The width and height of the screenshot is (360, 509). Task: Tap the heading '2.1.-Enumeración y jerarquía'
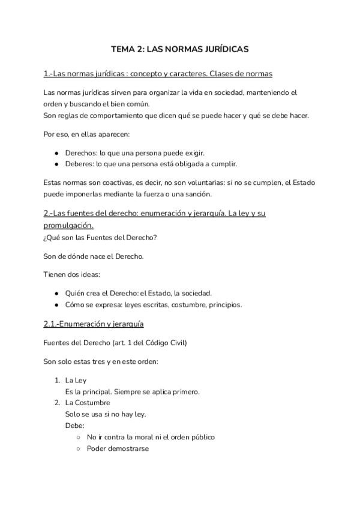tap(94, 324)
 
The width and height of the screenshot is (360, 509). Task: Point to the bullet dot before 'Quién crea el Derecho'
tap(56, 294)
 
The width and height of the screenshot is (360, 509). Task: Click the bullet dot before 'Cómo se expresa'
tap(56, 304)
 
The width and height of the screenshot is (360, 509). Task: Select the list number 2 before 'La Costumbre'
tap(56, 403)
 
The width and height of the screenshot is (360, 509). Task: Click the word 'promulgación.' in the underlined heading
tap(68, 226)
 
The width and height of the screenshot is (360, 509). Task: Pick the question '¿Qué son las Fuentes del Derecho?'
tap(100, 237)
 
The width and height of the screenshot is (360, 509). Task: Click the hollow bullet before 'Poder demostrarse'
tap(79, 448)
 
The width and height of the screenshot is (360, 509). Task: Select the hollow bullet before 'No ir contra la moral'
tap(79, 438)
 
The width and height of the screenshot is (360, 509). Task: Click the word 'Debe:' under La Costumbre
tap(74, 425)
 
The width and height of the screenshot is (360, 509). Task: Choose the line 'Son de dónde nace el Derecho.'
tap(94, 256)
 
